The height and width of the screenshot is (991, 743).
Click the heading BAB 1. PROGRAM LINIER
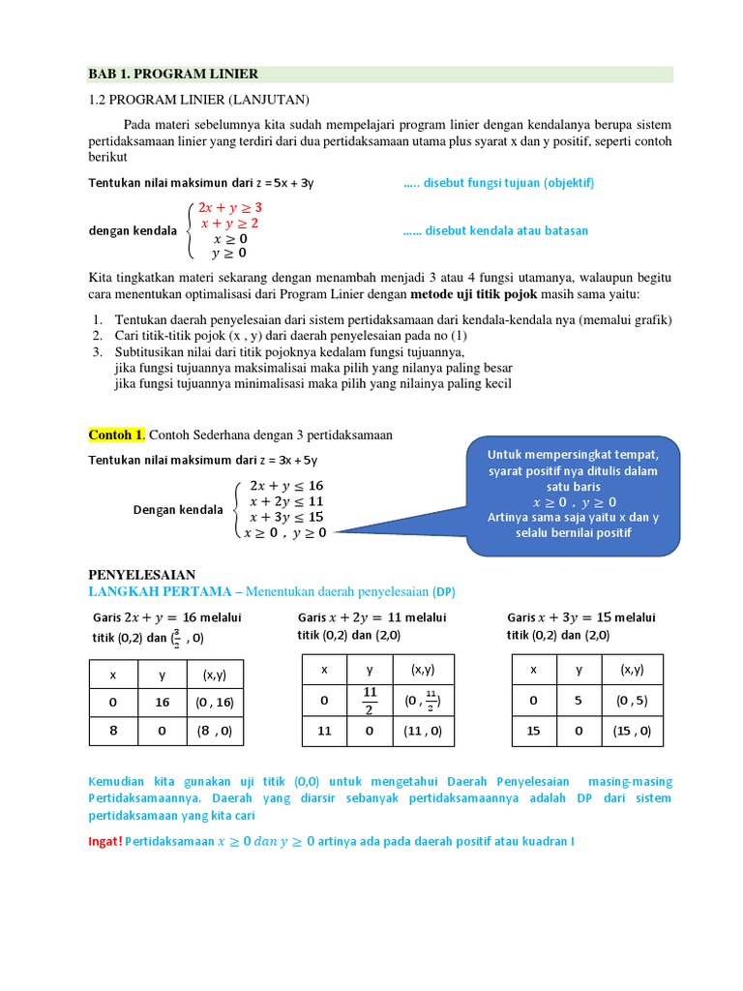pyautogui.click(x=174, y=75)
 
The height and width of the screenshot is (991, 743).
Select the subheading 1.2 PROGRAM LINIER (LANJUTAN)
pyautogui.click(x=198, y=100)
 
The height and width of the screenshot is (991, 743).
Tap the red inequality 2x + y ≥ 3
pyautogui.click(x=230, y=207)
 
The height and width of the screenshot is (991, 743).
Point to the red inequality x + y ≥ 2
pyautogui.click(x=229, y=223)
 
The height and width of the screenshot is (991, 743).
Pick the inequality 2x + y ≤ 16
pyautogui.click(x=286, y=485)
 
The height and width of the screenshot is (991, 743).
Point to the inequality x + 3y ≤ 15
pyautogui.click(x=286, y=516)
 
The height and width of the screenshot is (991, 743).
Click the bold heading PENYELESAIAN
pyautogui.click(x=142, y=574)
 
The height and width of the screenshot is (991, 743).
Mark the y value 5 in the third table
pyautogui.click(x=579, y=702)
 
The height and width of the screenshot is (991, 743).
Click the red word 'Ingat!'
pyautogui.click(x=105, y=841)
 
